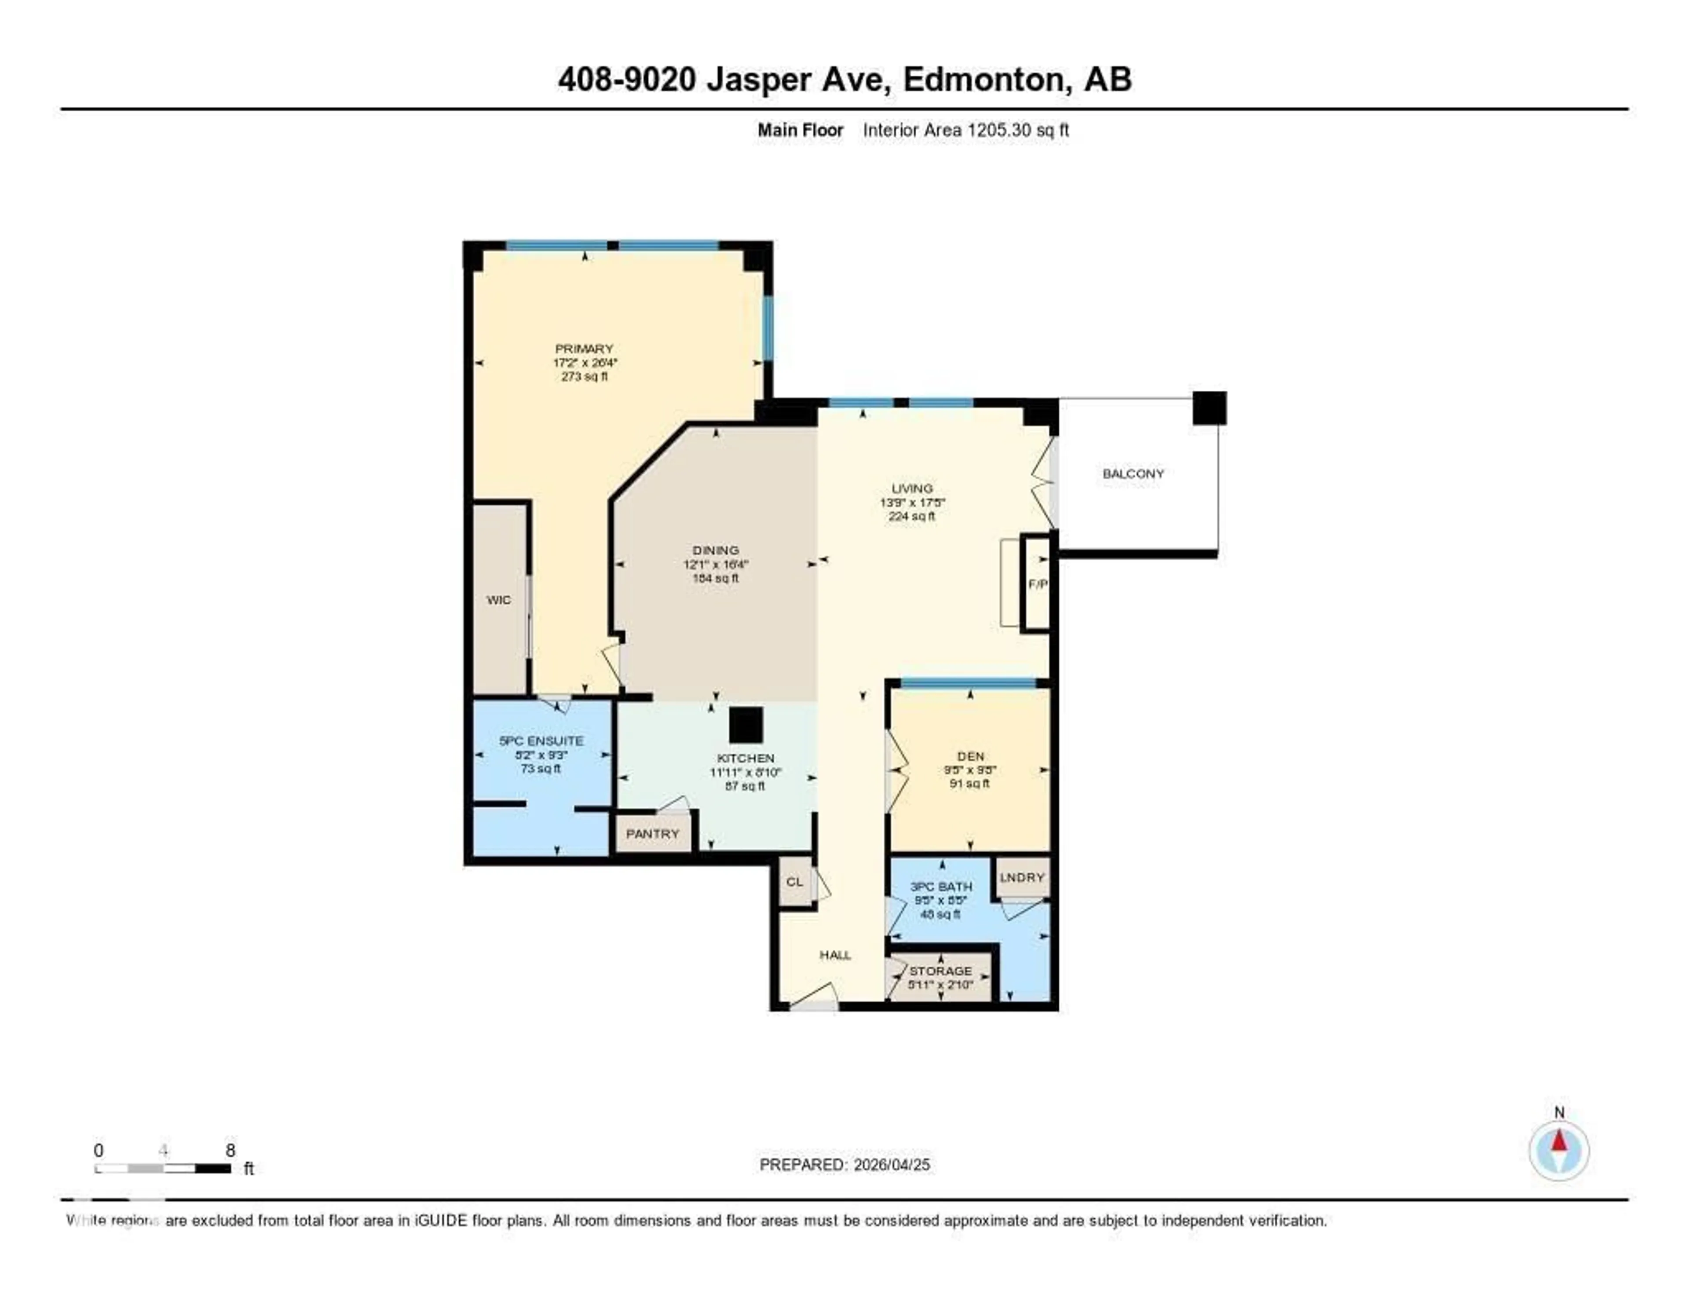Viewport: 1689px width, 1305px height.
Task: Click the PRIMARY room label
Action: (584, 349)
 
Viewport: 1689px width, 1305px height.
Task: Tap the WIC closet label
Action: (499, 600)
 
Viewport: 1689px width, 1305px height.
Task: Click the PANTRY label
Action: (652, 834)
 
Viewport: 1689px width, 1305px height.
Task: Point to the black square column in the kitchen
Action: (746, 726)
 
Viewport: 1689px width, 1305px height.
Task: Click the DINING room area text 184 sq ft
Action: (715, 578)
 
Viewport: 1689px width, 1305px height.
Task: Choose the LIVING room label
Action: (912, 488)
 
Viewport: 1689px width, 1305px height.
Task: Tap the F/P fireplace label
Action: (1037, 584)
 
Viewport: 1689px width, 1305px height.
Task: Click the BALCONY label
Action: (1133, 473)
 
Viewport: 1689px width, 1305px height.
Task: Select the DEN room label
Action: (971, 756)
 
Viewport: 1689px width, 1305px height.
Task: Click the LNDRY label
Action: (1022, 877)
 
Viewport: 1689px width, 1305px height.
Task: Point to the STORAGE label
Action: (940, 971)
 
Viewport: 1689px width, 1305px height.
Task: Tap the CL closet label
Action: (794, 882)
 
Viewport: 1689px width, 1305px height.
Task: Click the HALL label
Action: (835, 955)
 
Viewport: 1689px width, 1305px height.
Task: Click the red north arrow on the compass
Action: (1559, 1141)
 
